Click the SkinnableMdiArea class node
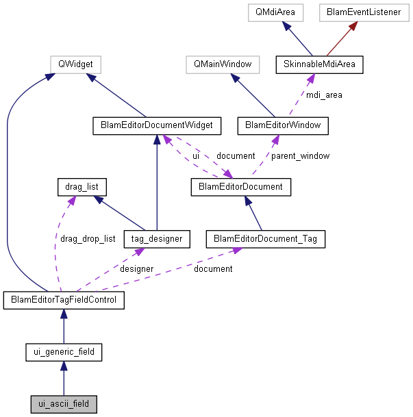coord(318,65)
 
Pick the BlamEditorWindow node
coord(282,125)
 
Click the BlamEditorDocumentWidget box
coord(157,125)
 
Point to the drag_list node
coord(82,186)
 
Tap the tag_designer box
coord(157,239)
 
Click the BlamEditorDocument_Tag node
coord(265,239)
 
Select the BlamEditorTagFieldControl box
coord(64,300)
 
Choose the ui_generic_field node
coord(64,353)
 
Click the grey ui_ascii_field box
coord(64,404)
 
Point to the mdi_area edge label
coord(325,95)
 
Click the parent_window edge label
coord(300,156)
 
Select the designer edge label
coord(137,269)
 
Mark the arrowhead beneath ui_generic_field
coord(64,367)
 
